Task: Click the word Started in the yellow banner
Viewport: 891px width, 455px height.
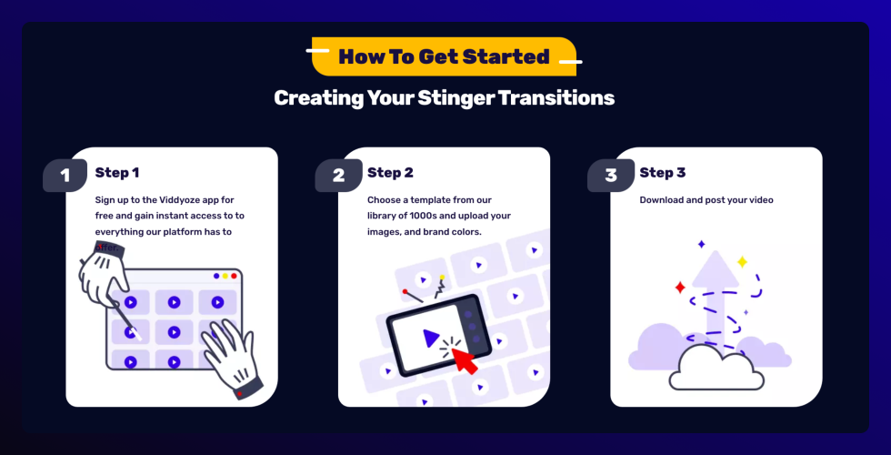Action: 506,57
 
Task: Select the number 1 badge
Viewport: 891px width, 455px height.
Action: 65,175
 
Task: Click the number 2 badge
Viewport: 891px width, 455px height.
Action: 338,175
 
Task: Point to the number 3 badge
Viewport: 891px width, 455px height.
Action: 611,175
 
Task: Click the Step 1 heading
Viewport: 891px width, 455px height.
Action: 117,173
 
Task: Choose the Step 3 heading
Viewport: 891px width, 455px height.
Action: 663,173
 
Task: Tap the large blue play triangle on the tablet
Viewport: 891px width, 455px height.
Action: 431,338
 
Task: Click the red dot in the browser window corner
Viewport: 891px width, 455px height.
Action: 235,276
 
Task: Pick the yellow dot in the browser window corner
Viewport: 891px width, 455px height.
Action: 225,276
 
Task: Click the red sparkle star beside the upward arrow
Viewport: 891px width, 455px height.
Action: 679,288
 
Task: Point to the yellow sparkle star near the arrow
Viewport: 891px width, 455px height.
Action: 741,262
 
